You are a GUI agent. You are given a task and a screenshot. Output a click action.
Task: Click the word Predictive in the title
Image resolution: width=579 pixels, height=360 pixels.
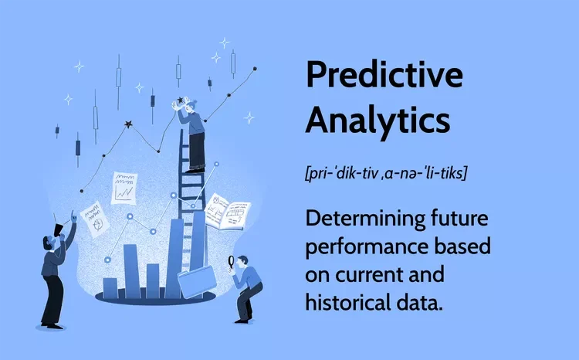click(x=384, y=75)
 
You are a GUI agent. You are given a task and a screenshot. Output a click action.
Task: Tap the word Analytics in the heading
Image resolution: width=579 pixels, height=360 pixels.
click(x=378, y=120)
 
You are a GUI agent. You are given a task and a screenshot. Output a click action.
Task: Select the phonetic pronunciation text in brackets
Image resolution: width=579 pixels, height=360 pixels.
click(x=386, y=172)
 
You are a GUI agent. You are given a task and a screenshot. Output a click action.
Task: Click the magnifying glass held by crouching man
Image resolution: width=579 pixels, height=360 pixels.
click(x=232, y=263)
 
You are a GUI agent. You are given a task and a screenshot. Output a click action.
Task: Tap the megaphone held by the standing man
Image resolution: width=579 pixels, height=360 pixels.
click(x=59, y=230)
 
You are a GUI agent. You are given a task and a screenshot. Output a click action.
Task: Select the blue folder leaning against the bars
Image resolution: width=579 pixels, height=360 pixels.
click(x=197, y=282)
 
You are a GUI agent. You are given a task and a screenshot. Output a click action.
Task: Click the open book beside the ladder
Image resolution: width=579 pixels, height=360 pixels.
click(x=228, y=212)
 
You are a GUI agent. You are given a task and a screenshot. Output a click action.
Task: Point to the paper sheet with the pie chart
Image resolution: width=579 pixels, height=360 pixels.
click(x=95, y=219)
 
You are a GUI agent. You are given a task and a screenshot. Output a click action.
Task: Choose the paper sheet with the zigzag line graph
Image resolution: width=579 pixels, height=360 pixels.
click(x=124, y=188)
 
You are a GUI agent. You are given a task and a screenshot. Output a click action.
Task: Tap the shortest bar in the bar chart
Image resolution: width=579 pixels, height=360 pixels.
click(x=110, y=288)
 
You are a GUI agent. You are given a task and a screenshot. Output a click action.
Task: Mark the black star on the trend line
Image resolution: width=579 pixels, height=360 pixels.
click(x=128, y=124)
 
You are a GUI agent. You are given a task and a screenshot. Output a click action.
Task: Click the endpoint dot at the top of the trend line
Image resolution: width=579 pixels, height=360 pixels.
click(x=255, y=69)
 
